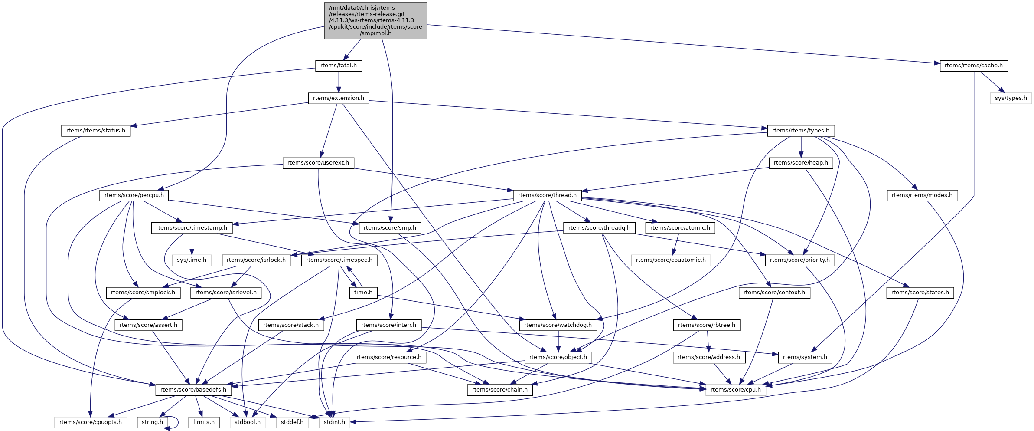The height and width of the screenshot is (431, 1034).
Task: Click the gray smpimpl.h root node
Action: [x=375, y=21]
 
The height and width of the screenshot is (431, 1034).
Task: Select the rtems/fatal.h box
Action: [x=338, y=66]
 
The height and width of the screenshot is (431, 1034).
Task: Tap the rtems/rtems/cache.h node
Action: [x=973, y=66]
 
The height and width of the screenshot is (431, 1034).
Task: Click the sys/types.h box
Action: [x=1011, y=98]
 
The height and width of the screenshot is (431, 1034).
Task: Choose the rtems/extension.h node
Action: [x=338, y=98]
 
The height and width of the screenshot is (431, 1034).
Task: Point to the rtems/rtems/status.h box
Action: [x=95, y=131]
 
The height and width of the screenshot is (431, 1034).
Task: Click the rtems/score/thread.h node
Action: [x=547, y=195]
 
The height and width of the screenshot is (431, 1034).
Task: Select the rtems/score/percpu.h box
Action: [x=134, y=195]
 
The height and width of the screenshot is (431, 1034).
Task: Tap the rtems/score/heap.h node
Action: [x=800, y=163]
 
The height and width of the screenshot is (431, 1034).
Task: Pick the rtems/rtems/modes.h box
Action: [x=922, y=195]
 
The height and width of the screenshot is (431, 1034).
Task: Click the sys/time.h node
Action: [x=192, y=260]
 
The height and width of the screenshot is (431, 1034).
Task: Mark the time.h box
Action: [x=363, y=293]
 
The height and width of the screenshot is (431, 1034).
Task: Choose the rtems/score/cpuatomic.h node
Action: [x=671, y=260]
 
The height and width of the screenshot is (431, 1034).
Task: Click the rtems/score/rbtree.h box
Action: [x=706, y=325]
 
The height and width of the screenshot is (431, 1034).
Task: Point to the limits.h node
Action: [x=204, y=422]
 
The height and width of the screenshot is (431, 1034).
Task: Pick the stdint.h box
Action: [x=334, y=422]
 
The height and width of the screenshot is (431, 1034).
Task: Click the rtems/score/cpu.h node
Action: [x=735, y=390]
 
